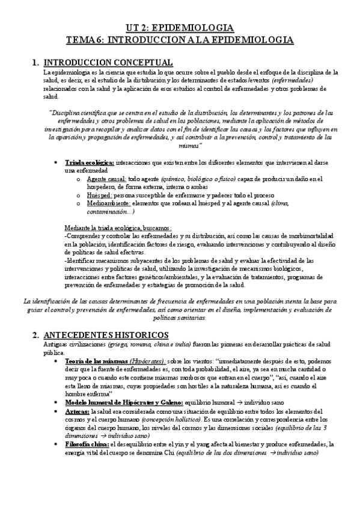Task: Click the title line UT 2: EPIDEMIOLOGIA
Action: coord(180,28)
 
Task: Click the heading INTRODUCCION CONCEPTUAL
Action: coord(109,62)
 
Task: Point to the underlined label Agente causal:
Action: coord(106,179)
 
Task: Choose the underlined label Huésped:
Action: coord(100,195)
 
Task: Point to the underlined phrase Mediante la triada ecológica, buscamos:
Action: coord(117,228)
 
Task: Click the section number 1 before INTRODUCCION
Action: coord(35,62)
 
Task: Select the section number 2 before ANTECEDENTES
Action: coord(35,335)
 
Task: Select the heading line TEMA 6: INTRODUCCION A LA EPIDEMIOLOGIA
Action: coord(180,40)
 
